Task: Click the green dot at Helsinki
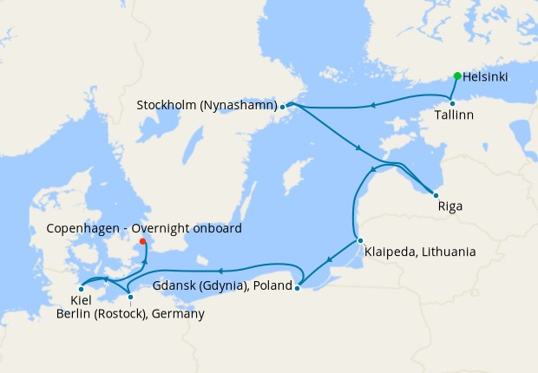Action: click(x=457, y=75)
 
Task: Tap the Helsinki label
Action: click(x=486, y=76)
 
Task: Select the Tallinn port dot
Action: click(x=452, y=103)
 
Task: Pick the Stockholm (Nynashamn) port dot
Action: click(x=283, y=107)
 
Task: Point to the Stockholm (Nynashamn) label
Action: click(x=207, y=106)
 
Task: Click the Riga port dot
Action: click(x=436, y=195)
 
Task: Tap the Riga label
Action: click(x=450, y=207)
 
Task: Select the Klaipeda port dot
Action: click(x=360, y=240)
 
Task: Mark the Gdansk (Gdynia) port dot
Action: click(x=298, y=287)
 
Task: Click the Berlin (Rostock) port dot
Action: click(x=130, y=298)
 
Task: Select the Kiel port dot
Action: click(x=81, y=289)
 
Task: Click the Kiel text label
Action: click(x=69, y=300)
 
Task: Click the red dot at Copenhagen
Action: click(x=142, y=242)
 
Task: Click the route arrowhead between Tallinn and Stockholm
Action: click(x=372, y=106)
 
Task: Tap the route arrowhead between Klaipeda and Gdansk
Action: click(x=330, y=259)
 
